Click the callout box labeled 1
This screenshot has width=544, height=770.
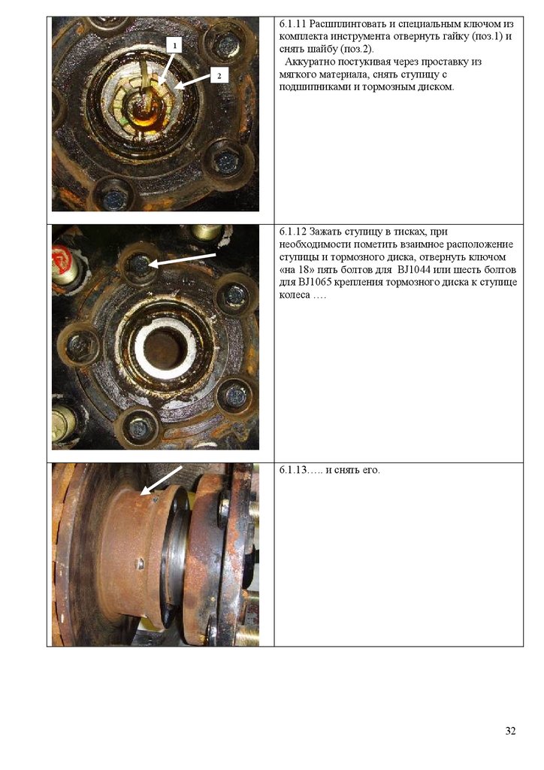click(174, 45)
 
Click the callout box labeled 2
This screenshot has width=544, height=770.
click(219, 76)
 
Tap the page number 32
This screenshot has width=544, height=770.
click(510, 731)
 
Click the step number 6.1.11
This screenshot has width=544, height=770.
click(293, 23)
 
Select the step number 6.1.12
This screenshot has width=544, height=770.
click(293, 232)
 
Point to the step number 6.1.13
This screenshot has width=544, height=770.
click(293, 470)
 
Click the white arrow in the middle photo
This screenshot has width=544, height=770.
click(182, 259)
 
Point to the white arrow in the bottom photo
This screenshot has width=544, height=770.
click(161, 480)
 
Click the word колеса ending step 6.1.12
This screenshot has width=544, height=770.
click(295, 295)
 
